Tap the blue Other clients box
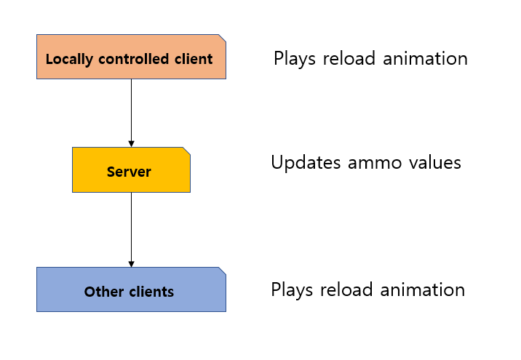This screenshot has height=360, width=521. [x=131, y=289]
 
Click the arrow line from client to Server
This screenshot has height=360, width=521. [x=131, y=109]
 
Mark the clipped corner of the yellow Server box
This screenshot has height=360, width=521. [x=186, y=151]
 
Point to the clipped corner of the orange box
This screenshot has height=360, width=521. [x=222, y=38]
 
